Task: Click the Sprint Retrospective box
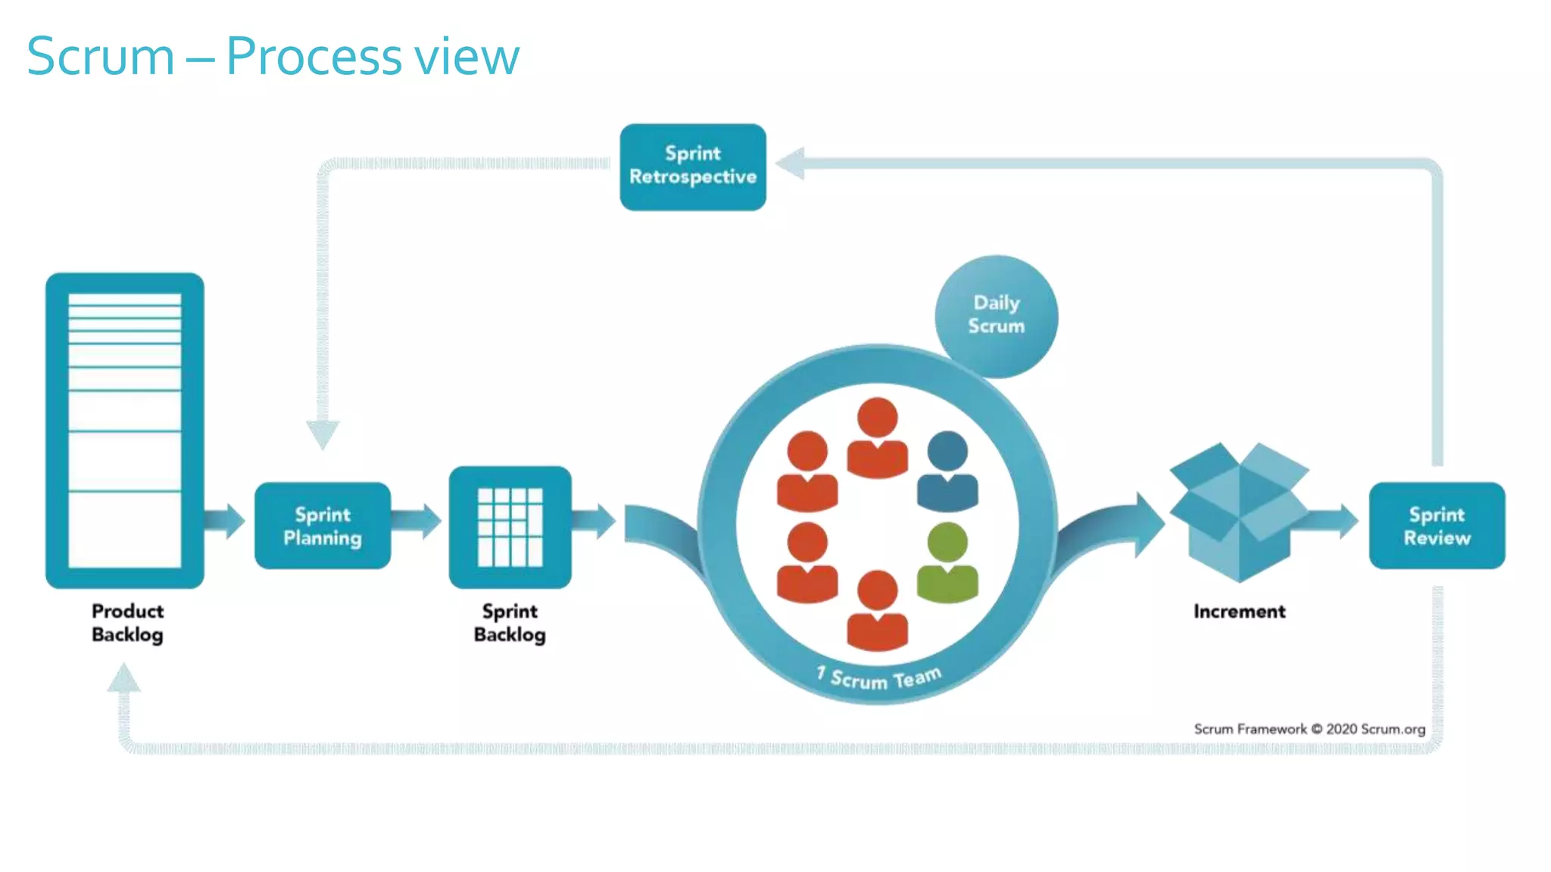tap(692, 167)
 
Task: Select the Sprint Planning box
tap(323, 525)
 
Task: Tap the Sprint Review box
tap(1437, 525)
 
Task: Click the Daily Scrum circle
tap(996, 316)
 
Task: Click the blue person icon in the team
tap(947, 471)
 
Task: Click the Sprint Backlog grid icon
tap(510, 527)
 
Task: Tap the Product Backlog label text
tap(127, 622)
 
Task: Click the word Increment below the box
tap(1239, 611)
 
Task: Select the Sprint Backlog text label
tap(510, 622)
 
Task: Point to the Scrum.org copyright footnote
tap(1309, 729)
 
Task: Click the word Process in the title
tap(314, 57)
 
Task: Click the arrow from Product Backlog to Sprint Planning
tap(226, 520)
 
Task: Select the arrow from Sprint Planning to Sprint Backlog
tap(418, 520)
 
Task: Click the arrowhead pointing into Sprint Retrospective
tap(791, 163)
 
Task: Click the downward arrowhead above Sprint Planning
tap(323, 434)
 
